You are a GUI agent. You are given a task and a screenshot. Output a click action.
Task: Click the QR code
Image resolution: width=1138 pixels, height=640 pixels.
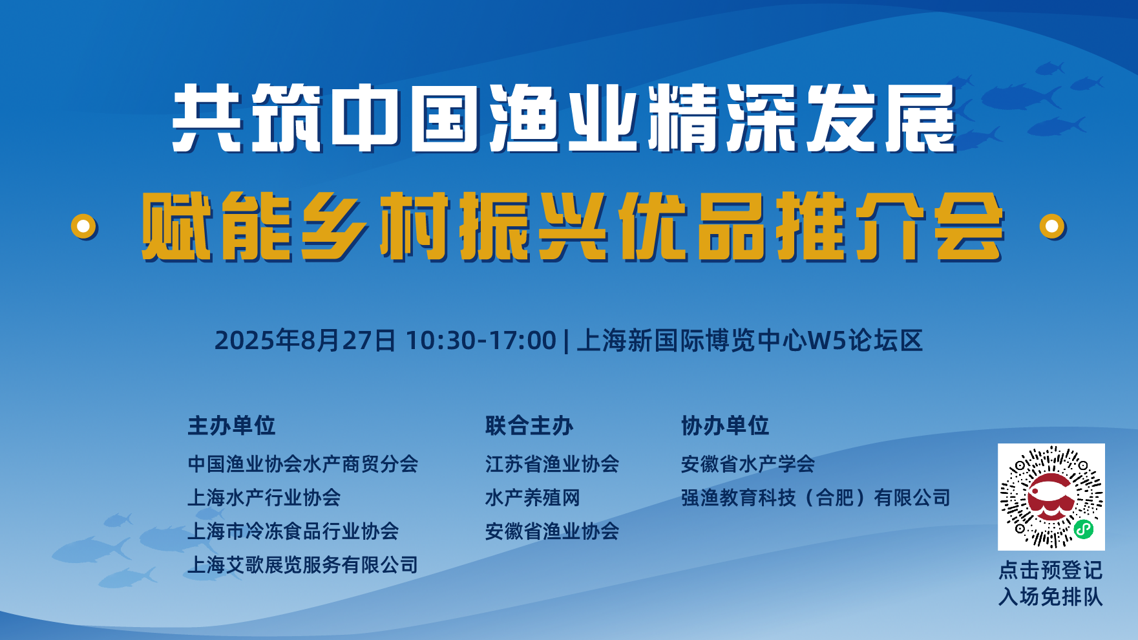(1051, 496)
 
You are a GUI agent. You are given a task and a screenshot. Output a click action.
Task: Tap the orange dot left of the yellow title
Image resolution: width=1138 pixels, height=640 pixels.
(84, 226)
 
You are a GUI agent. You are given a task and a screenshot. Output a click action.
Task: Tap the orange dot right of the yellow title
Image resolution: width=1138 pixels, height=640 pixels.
(1052, 226)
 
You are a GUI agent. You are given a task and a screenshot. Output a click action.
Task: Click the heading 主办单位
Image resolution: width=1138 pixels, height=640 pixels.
(231, 426)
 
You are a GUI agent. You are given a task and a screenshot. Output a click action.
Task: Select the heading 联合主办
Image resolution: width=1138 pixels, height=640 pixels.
(529, 426)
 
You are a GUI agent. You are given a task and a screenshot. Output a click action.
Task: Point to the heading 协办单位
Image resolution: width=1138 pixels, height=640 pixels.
(725, 426)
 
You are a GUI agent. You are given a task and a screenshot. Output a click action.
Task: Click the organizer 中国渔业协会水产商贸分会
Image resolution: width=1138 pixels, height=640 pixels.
(302, 464)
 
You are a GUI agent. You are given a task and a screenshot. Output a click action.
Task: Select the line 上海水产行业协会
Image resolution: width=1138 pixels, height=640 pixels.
(264, 497)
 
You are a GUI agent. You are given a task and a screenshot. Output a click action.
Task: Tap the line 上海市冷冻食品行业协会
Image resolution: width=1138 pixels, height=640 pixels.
(293, 531)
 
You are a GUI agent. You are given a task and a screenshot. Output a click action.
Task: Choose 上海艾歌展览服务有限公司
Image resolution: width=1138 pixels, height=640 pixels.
(302, 565)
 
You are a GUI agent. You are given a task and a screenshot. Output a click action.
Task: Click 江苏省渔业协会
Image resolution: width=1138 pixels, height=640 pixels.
(552, 464)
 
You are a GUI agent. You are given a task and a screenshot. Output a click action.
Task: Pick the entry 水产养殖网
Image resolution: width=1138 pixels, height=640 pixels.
(532, 497)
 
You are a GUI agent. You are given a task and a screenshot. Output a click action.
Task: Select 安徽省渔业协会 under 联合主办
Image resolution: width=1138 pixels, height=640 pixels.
(552, 531)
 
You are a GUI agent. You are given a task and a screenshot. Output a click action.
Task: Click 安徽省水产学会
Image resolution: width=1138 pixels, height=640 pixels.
(748, 464)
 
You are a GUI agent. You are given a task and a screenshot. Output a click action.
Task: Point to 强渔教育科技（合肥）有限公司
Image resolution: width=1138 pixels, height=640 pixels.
(816, 497)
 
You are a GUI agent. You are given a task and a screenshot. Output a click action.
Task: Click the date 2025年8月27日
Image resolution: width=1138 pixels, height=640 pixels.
(305, 341)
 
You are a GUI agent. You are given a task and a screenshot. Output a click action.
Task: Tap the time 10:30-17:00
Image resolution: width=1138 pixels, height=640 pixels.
(481, 341)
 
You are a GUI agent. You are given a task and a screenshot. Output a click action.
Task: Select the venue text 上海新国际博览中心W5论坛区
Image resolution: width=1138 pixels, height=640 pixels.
(750, 341)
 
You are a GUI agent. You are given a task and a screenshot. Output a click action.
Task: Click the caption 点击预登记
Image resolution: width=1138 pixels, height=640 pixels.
(1050, 570)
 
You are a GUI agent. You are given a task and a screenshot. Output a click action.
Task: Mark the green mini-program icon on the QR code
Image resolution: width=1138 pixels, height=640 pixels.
(1083, 529)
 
